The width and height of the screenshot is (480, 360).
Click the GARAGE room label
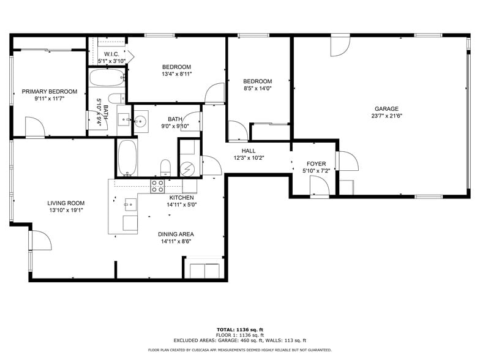[386, 108]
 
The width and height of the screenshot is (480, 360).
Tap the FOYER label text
[316, 164]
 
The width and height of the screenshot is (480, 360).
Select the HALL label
[249, 151]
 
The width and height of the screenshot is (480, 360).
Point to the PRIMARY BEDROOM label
[50, 92]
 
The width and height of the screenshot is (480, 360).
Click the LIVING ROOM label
[66, 203]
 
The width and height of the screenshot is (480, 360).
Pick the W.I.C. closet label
[111, 54]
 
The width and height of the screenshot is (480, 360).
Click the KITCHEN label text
[181, 198]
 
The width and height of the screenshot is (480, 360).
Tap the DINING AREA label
[177, 234]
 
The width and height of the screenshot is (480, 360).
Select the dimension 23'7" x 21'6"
[386, 116]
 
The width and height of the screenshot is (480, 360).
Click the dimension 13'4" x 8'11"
[177, 74]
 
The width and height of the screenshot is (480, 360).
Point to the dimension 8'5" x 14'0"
[257, 88]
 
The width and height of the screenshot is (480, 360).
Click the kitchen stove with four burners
[158, 186]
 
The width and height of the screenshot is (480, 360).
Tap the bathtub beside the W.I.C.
[107, 78]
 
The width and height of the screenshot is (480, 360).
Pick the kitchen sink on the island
[129, 203]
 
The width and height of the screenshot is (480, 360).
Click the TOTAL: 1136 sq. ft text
[239, 329]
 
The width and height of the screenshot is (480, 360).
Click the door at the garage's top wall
[340, 46]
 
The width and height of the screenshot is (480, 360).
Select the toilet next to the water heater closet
[165, 167]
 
